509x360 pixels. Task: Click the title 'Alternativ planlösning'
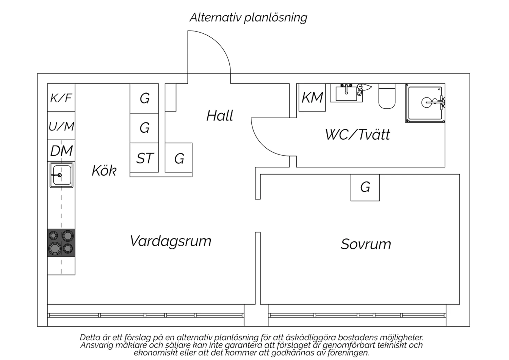pos(248,18)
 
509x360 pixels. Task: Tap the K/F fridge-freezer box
pos(61,98)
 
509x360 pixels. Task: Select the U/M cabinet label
pos(61,126)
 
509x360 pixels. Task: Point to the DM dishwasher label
pos(61,151)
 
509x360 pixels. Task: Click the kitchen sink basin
pos(61,175)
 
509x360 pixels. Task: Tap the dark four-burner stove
pos(61,242)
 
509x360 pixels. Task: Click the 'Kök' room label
pos(104,170)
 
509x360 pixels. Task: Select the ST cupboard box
pos(144,158)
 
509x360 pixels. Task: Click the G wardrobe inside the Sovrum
pos(365,187)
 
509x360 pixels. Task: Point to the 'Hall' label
pos(220,115)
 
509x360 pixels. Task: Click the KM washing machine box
pos(312,97)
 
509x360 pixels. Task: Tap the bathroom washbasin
pos(346,93)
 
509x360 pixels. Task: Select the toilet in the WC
pos(387,96)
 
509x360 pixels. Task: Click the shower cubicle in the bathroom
pos(426,103)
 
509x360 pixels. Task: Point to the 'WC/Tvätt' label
pos(358,134)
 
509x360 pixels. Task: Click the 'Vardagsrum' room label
pos(170,241)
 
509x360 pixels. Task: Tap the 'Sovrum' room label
pos(366,244)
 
